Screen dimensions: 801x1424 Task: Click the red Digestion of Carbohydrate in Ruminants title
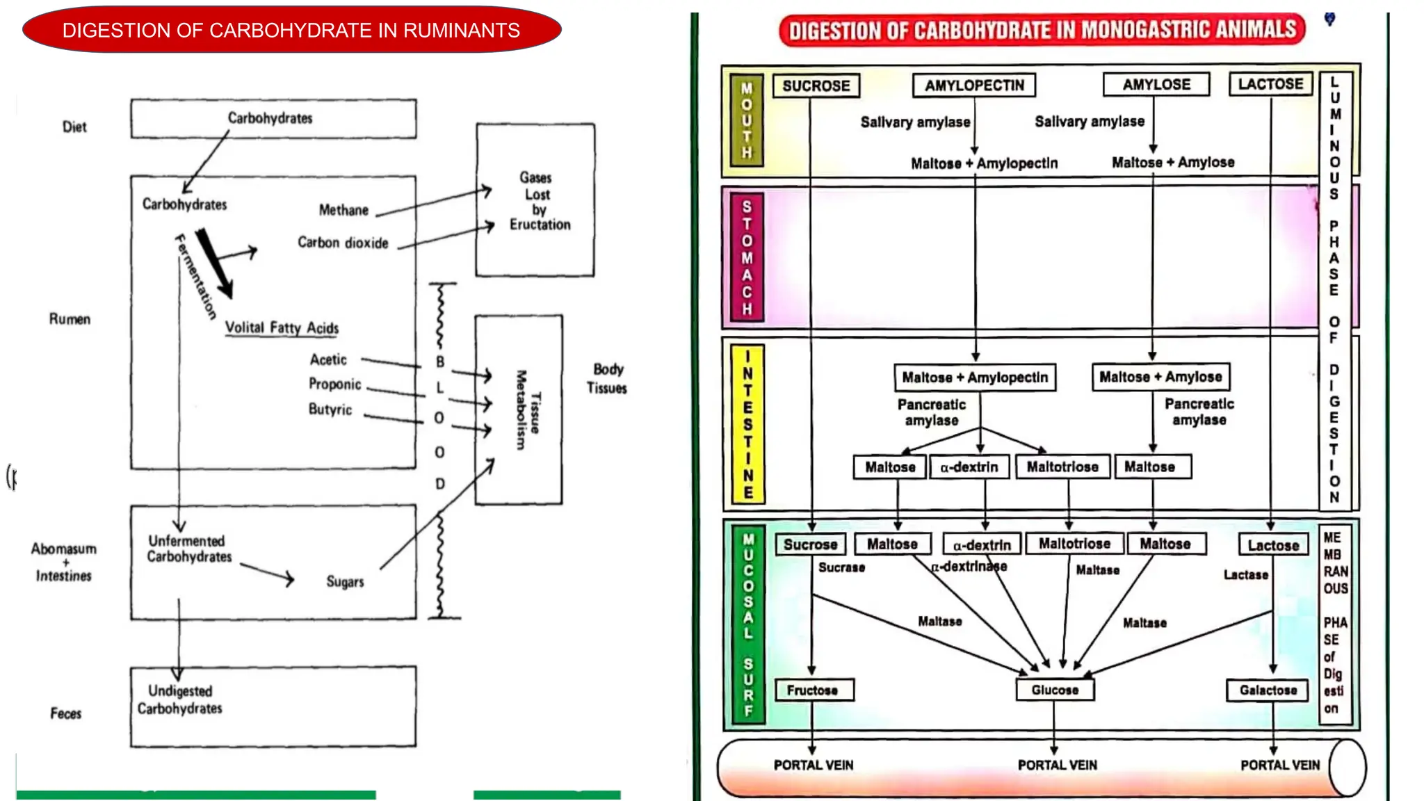291,30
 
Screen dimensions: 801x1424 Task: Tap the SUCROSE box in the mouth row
816,86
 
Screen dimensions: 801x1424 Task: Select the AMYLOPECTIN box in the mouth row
974,86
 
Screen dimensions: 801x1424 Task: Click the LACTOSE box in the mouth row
1270,84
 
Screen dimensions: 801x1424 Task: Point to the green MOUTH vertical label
747,120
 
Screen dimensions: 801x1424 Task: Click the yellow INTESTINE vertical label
748,423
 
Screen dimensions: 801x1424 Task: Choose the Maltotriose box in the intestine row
1062,467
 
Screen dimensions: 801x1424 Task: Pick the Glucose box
1055,690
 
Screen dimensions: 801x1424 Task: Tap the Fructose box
812,690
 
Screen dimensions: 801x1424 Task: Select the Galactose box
1268,690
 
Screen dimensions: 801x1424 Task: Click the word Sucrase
841,567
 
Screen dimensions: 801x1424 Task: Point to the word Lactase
1245,575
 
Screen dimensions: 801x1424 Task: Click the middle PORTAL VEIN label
1057,765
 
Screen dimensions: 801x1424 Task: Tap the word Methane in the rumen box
343,210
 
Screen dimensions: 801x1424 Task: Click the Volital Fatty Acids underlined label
282,328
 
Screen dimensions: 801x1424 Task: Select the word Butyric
330,410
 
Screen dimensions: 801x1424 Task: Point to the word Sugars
345,581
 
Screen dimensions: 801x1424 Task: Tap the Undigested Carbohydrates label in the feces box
180,699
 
